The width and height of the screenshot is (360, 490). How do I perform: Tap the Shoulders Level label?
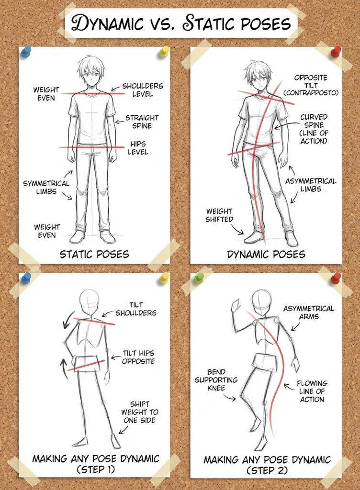142,90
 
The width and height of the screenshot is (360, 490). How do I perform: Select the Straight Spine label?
142,122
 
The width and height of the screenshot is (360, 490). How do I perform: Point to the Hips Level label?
138,148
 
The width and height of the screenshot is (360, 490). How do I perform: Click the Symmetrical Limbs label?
46,188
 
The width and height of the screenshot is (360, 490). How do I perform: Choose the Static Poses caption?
94,254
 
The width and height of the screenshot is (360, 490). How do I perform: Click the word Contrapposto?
311,92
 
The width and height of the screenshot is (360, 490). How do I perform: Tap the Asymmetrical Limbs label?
311,185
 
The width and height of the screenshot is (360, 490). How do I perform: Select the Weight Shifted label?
219,215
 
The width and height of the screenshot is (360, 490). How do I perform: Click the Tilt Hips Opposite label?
138,357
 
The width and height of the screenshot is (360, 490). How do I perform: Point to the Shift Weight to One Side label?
140,412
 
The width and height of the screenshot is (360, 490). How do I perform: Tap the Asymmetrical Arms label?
309,312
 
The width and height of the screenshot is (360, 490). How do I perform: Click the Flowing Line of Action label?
312,391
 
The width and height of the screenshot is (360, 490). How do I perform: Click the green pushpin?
199,278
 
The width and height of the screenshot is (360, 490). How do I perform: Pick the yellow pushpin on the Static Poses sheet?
164,50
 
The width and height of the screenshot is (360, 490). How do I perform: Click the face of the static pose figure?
91,76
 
